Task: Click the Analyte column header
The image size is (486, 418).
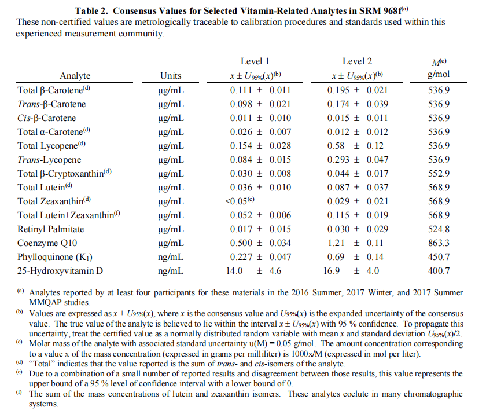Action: click(75, 76)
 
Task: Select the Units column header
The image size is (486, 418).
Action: click(171, 76)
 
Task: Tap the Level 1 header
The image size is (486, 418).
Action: click(255, 61)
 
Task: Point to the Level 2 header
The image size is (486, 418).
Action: click(357, 61)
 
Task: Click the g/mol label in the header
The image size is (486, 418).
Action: click(438, 75)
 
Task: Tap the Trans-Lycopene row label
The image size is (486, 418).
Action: click(49, 160)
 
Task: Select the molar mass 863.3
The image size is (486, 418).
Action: click(438, 243)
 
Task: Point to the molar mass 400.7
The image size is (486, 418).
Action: click(438, 271)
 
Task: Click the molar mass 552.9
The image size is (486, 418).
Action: click(438, 174)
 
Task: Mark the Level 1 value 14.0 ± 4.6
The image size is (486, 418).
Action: click(256, 271)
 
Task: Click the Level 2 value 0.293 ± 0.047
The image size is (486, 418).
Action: click(356, 160)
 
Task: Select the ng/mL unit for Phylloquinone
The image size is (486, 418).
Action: click(171, 257)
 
